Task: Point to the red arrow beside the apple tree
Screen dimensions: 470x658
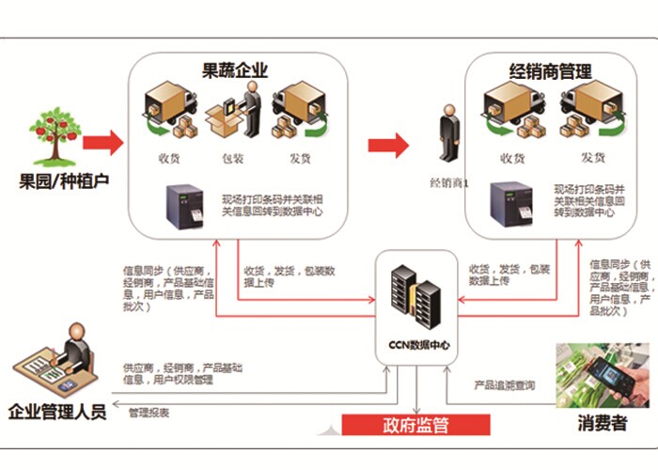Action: click(102, 144)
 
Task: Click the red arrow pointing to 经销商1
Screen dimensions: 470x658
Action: click(387, 146)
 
